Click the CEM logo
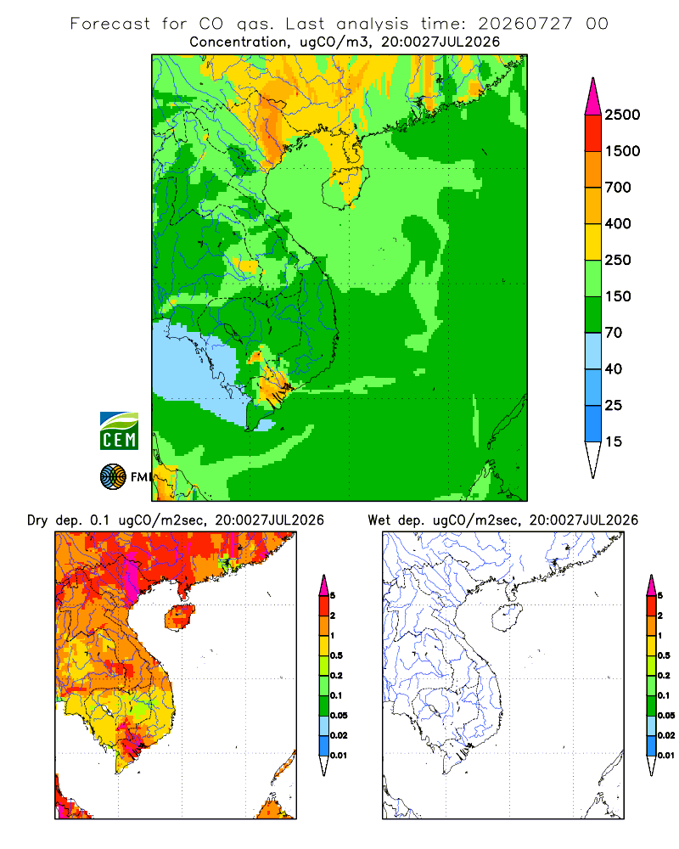(119, 431)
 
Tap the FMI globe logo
(113, 477)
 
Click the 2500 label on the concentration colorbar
(622, 115)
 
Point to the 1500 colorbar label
(622, 151)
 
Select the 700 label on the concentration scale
(618, 188)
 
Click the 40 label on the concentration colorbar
(614, 368)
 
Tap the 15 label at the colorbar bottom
(614, 441)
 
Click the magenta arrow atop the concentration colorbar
(593, 96)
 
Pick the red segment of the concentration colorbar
(593, 133)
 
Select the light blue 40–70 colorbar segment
(593, 351)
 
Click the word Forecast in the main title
(110, 23)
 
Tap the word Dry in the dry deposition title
(37, 520)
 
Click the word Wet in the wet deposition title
(379, 520)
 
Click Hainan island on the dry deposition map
(179, 618)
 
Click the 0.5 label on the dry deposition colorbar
(336, 655)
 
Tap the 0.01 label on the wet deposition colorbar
(666, 756)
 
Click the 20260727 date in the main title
(525, 23)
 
